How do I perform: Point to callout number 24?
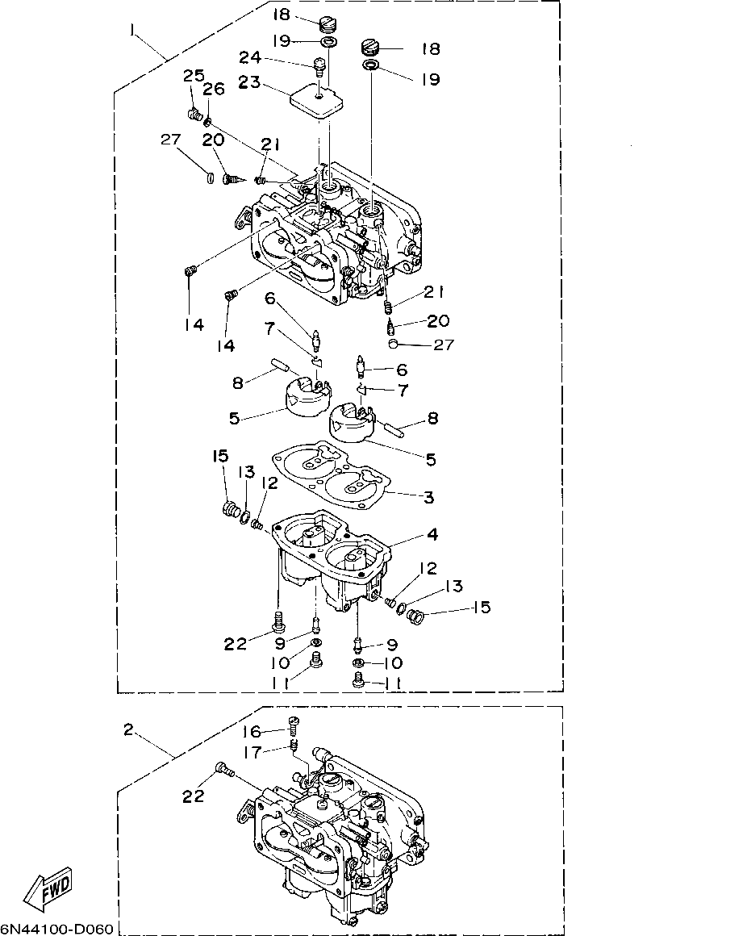[251, 57]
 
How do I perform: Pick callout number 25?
[193, 76]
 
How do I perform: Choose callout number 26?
[213, 90]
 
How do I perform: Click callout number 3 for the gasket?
[428, 498]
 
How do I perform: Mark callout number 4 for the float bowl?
[432, 534]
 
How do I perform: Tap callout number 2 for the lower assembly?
[128, 729]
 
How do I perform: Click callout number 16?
[252, 730]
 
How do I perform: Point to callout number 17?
[252, 752]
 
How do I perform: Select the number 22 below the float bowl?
[235, 643]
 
